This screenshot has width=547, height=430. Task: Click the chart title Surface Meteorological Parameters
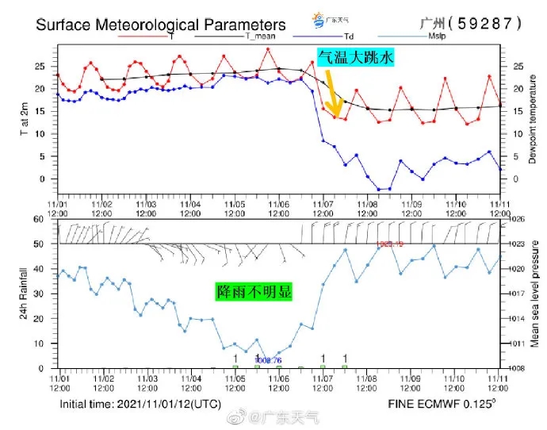click(x=161, y=25)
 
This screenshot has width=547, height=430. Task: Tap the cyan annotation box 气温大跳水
click(x=355, y=58)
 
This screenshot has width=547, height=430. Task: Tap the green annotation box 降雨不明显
click(x=254, y=291)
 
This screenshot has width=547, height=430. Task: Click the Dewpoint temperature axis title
click(x=533, y=127)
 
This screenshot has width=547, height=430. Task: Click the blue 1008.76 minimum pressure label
click(x=268, y=359)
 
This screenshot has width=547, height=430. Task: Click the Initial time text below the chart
click(x=140, y=404)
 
